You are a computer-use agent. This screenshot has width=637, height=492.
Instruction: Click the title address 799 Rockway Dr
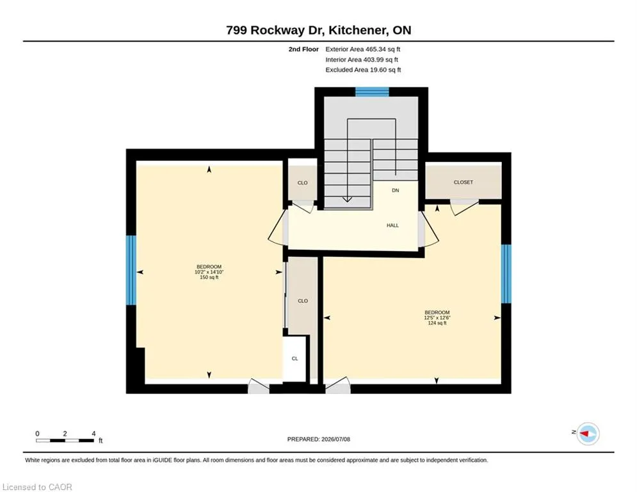tap(275, 30)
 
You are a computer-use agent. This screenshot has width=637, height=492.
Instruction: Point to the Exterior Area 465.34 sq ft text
tap(363, 49)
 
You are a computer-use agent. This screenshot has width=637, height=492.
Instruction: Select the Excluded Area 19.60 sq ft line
tap(363, 70)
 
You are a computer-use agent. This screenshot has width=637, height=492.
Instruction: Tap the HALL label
tap(392, 225)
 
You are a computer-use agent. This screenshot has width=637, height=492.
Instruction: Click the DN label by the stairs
tap(395, 190)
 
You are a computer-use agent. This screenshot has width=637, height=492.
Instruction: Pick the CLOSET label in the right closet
tap(463, 182)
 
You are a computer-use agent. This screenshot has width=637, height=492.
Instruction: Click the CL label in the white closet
tap(295, 359)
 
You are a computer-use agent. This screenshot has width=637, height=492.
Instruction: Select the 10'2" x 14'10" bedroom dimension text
tap(209, 272)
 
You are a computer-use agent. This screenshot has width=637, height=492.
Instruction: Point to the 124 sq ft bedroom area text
tap(437, 324)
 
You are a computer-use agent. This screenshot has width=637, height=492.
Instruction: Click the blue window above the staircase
tap(372, 92)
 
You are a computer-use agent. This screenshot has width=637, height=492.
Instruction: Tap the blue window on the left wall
tap(131, 270)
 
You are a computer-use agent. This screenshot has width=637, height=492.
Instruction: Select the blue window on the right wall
tap(506, 274)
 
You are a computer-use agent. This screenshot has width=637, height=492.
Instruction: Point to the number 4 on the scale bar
tap(93, 434)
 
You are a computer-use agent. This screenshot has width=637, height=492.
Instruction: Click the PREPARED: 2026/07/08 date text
tap(319, 439)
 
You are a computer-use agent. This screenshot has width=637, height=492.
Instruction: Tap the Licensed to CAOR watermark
tap(37, 487)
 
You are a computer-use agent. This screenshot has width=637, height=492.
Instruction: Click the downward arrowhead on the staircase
tap(348, 199)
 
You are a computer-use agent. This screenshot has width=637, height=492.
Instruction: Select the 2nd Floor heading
tap(303, 49)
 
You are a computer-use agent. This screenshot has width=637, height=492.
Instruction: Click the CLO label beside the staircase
tap(303, 183)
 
